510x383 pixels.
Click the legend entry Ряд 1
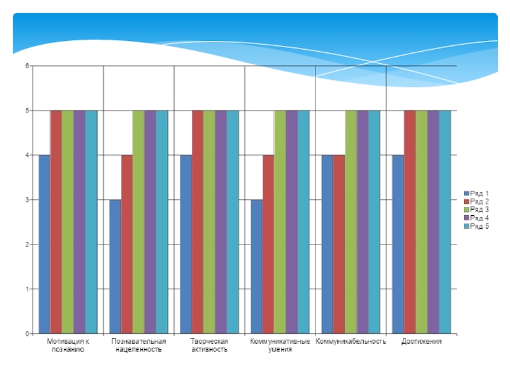(x=479, y=193)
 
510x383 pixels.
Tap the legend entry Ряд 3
(x=479, y=209)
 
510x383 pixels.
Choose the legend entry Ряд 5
(x=479, y=227)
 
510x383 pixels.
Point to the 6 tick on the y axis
(x=27, y=66)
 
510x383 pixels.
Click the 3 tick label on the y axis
(x=27, y=200)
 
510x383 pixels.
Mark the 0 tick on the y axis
(x=27, y=334)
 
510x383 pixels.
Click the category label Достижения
(x=421, y=342)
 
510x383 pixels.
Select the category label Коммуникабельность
(x=351, y=342)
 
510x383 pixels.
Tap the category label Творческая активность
(x=209, y=345)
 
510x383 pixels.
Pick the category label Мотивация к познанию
(x=68, y=345)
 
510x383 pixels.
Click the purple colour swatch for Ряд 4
(x=466, y=218)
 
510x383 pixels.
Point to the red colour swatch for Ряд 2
(x=466, y=202)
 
